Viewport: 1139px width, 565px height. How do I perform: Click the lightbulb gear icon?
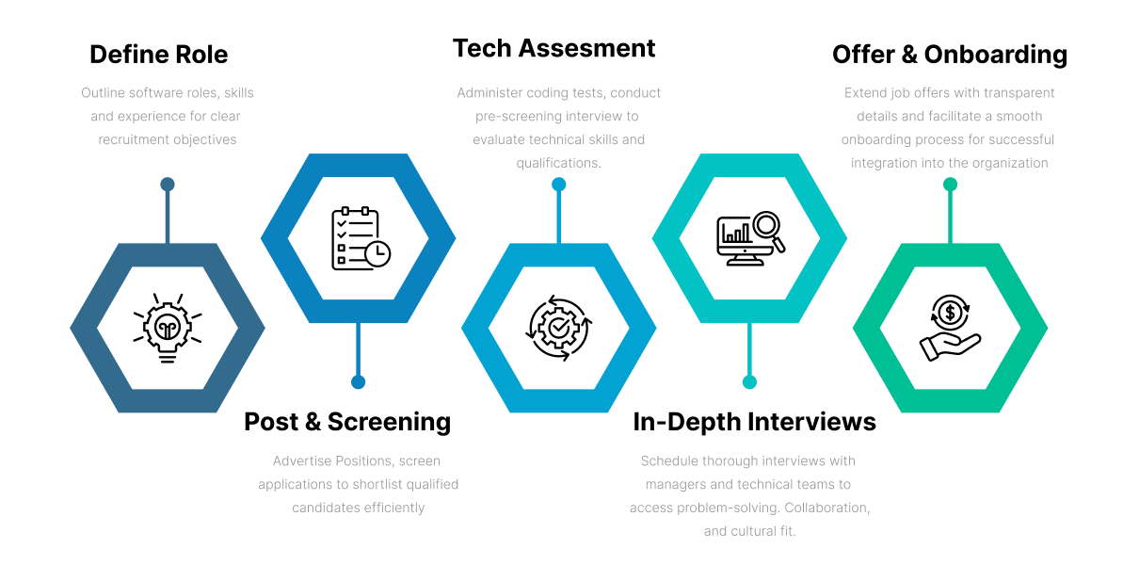pyautogui.click(x=168, y=329)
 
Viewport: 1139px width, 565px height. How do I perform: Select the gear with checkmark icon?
pyautogui.click(x=559, y=328)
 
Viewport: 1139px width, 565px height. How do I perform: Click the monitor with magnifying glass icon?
pyautogui.click(x=750, y=238)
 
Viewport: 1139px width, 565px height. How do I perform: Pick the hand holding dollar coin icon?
pyautogui.click(x=950, y=328)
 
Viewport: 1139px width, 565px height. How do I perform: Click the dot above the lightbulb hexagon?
pyautogui.click(x=168, y=184)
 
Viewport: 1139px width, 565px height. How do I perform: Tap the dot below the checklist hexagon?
pyautogui.click(x=358, y=382)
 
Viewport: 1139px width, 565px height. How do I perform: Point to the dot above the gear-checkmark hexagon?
pyautogui.click(x=558, y=185)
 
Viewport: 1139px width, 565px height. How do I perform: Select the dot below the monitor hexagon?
pyautogui.click(x=749, y=382)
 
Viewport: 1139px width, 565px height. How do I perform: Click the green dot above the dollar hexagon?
pyautogui.click(x=950, y=184)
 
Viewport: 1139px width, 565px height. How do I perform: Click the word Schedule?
pyautogui.click(x=667, y=461)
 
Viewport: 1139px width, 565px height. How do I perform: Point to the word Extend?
pyautogui.click(x=865, y=93)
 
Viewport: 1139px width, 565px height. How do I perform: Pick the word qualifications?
pyautogui.click(x=558, y=163)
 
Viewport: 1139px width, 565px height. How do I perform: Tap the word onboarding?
pyautogui.click(x=874, y=139)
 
